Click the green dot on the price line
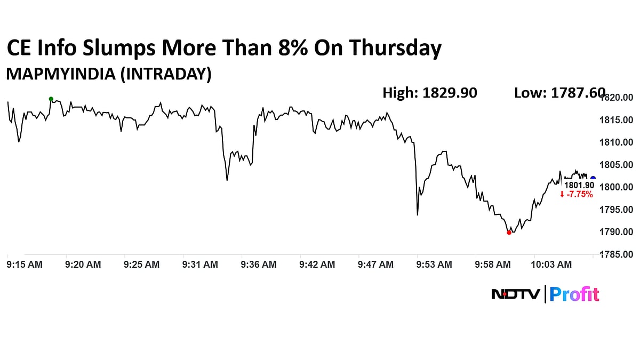[51, 99]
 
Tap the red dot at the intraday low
[509, 233]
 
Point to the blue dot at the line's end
[593, 179]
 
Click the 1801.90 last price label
[579, 185]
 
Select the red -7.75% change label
[577, 195]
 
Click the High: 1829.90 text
[429, 93]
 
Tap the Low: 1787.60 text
[559, 93]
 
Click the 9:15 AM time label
[25, 265]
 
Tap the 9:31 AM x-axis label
[200, 265]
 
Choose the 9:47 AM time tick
[375, 265]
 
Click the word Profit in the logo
[574, 294]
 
